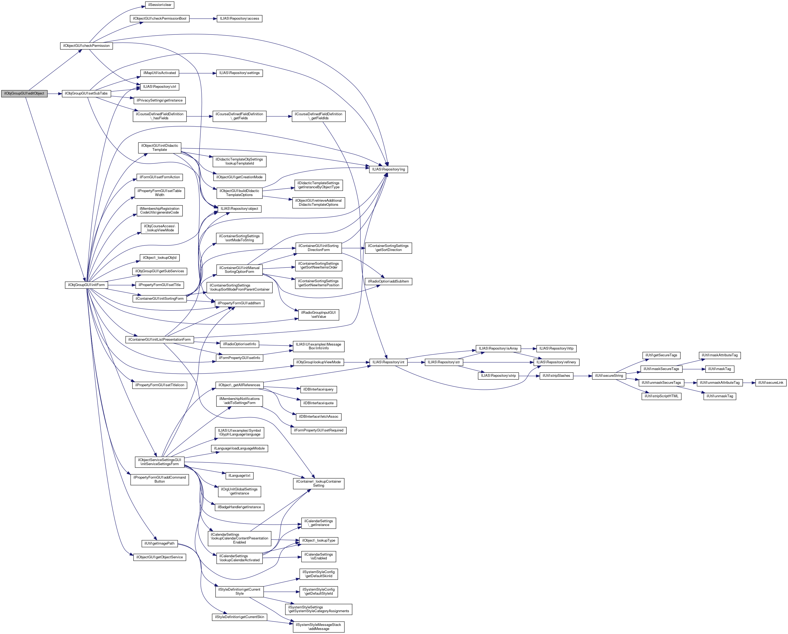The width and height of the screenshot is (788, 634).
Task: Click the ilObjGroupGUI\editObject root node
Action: pos(24,94)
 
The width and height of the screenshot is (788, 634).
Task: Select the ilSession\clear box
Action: pos(159,5)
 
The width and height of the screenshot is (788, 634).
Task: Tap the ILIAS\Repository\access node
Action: pos(239,19)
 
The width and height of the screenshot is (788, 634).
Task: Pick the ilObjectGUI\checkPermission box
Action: pos(86,46)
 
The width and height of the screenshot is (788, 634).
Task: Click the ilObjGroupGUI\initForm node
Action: pos(86,285)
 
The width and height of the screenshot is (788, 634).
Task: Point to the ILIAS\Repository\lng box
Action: pos(388,169)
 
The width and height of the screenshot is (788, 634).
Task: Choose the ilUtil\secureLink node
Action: pos(771,382)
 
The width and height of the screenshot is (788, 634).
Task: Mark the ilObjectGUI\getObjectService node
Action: pos(159,557)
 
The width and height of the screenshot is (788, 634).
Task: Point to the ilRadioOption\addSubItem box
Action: pos(388,281)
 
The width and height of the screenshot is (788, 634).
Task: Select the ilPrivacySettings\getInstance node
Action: pos(159,100)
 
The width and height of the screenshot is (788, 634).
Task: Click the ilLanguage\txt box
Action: pos(239,475)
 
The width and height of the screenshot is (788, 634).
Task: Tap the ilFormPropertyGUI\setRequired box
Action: pos(318,430)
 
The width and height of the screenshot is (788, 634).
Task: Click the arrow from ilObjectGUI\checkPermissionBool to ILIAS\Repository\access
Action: pos(203,19)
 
